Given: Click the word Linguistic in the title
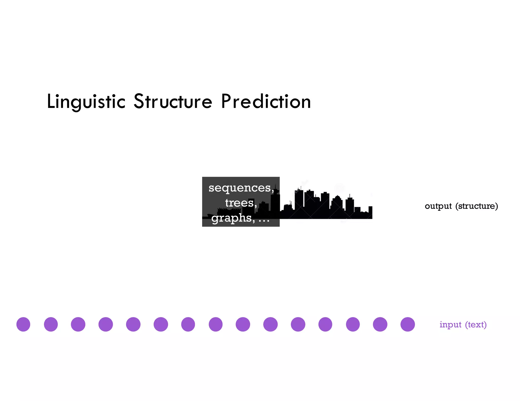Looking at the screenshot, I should click(x=86, y=102).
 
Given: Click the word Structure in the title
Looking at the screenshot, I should click(x=173, y=102).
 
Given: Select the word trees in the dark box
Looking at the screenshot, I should click(x=239, y=203).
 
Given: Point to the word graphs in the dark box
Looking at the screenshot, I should click(x=232, y=218).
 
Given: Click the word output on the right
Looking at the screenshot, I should click(x=438, y=206).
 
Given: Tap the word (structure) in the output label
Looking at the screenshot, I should click(x=477, y=206).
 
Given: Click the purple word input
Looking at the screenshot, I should click(x=450, y=324).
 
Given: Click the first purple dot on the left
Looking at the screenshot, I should click(x=23, y=324).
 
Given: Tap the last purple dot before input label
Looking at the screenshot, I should click(x=408, y=324).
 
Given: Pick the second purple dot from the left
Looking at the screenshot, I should click(x=51, y=324).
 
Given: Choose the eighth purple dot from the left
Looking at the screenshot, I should click(x=216, y=324).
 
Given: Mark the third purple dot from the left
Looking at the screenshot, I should click(x=78, y=324).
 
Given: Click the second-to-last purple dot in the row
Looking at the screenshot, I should click(x=380, y=324).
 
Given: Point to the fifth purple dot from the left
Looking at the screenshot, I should click(x=133, y=324).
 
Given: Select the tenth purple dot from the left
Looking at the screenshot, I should click(x=270, y=324).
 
